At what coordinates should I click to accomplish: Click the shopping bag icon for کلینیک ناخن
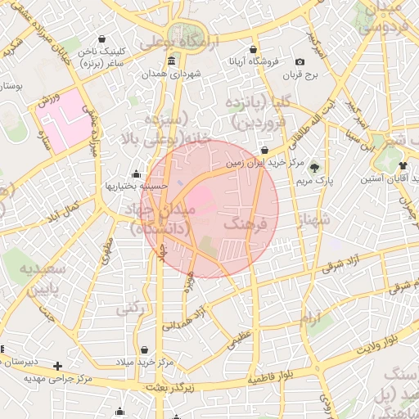[101, 38]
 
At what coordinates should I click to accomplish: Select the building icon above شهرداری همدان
[169, 62]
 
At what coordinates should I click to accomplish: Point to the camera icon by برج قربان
[300, 62]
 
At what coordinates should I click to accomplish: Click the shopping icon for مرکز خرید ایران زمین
[264, 151]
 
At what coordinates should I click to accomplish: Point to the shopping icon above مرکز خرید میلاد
[145, 349]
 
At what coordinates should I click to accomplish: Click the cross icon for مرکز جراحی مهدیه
[57, 366]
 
